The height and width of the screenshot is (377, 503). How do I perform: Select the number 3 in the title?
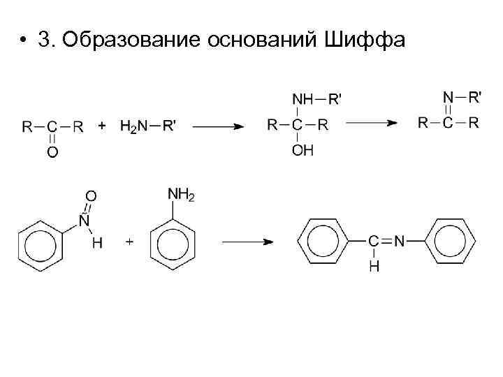[x=45, y=40]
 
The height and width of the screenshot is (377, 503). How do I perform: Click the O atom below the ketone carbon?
[x=53, y=151]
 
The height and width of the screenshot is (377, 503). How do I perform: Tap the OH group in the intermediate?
[x=302, y=150]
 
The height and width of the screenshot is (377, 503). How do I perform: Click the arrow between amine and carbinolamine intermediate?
[x=217, y=127]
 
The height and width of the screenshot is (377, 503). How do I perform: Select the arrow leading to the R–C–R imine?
[x=372, y=124]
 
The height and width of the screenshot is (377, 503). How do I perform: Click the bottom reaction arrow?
[x=247, y=242]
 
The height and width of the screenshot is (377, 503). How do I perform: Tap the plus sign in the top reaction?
[x=102, y=126]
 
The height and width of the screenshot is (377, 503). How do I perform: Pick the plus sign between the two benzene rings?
[x=129, y=242]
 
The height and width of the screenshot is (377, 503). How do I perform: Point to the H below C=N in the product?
[x=374, y=266]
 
